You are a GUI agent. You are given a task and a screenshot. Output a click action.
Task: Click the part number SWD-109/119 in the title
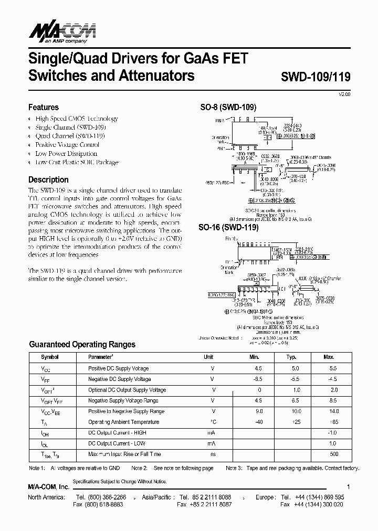click(x=312, y=77)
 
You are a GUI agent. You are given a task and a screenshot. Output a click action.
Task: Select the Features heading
click(x=44, y=107)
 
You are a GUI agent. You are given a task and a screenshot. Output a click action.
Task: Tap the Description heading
click(x=49, y=179)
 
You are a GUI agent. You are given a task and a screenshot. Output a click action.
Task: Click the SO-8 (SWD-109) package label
click(x=228, y=107)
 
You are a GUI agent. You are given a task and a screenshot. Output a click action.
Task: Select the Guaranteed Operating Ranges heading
click(x=82, y=344)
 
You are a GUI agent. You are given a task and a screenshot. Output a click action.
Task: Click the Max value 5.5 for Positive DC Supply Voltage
click(x=333, y=368)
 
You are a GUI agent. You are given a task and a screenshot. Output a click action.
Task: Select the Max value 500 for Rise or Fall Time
click(x=334, y=454)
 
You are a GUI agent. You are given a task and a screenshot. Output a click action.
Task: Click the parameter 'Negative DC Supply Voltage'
click(x=120, y=379)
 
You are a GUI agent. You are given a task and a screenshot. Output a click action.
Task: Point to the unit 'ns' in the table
click(x=213, y=454)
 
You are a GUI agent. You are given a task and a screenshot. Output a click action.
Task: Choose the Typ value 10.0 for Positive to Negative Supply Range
click(x=296, y=411)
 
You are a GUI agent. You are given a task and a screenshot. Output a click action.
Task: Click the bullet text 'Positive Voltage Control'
click(x=67, y=145)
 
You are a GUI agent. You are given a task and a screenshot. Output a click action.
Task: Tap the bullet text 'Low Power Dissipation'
click(x=66, y=154)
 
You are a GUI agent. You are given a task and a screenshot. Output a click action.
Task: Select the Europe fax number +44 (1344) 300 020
click(x=319, y=504)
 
